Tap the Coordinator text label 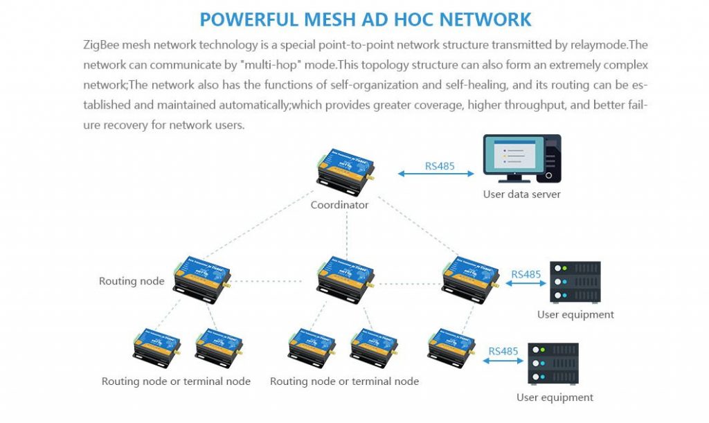[339, 205]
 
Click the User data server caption [521, 195]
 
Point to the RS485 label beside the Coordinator [440, 166]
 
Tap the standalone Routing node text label [132, 281]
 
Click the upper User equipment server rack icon [575, 282]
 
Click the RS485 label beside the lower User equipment [503, 351]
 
